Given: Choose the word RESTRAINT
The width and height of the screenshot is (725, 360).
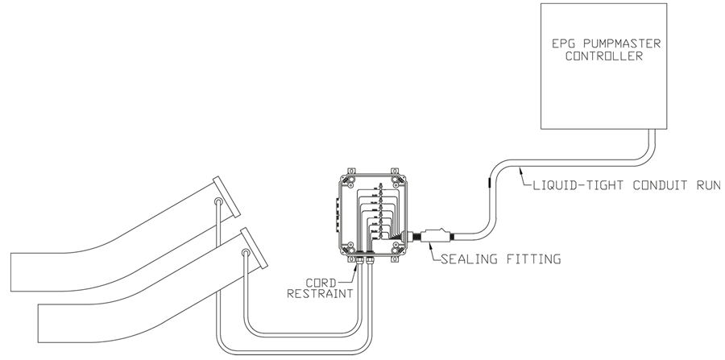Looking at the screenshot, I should (321, 293).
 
